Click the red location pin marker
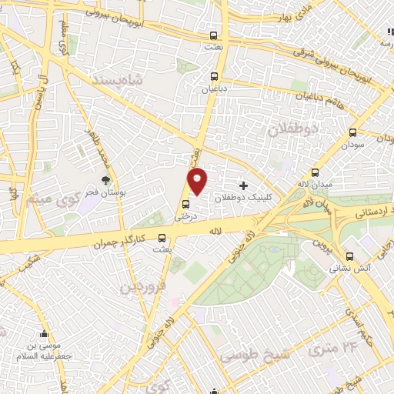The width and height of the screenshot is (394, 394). point(198,181)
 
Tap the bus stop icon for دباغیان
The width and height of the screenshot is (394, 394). point(214,76)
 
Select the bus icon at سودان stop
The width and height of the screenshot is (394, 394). point(353,132)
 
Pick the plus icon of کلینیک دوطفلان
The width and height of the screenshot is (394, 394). point(243,185)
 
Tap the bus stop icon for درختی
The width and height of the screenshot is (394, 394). point(186,204)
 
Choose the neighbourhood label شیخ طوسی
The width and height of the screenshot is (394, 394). point(245,355)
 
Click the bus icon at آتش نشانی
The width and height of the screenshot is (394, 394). point(350,256)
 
